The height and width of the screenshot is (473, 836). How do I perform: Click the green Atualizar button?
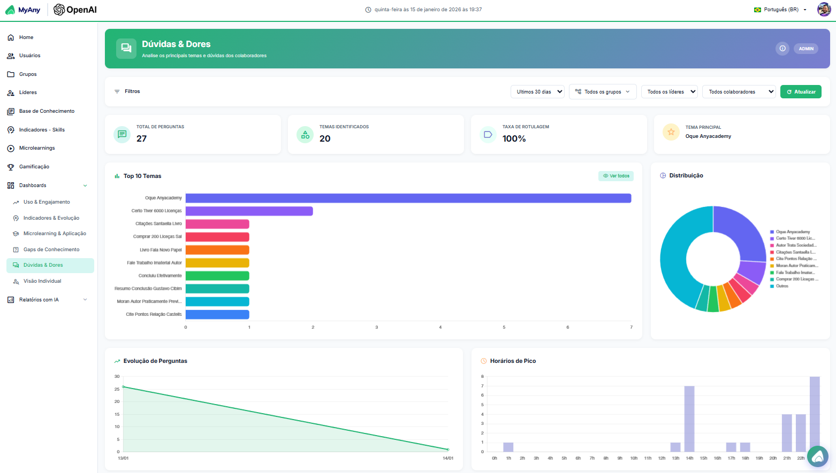[801, 92]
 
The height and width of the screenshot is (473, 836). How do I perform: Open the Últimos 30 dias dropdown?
[537, 92]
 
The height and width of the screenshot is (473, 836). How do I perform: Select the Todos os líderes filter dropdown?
[669, 92]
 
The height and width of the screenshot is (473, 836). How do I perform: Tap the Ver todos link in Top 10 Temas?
[616, 176]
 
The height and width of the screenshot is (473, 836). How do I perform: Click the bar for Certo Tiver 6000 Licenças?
[249, 211]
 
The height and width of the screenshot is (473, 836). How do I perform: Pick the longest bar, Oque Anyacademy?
[408, 198]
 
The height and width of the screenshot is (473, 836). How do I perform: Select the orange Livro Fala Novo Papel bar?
[217, 250]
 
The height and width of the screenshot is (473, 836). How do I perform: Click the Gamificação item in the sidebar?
[34, 167]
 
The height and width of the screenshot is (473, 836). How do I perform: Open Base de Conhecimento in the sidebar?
[47, 111]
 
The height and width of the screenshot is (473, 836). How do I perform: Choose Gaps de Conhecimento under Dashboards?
[51, 250]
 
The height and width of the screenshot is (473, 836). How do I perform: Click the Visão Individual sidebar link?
[42, 281]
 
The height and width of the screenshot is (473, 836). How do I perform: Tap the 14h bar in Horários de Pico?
[689, 419]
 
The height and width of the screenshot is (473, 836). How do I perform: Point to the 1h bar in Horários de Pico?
[508, 447]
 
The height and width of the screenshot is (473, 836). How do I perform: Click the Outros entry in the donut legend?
[782, 286]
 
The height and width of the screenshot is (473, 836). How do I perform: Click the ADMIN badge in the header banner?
[806, 49]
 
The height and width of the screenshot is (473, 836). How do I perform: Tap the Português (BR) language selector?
[780, 10]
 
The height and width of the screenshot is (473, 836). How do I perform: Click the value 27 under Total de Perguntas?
[141, 138]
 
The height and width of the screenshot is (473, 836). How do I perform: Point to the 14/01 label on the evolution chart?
[448, 458]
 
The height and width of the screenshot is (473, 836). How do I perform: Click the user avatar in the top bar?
[824, 10]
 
